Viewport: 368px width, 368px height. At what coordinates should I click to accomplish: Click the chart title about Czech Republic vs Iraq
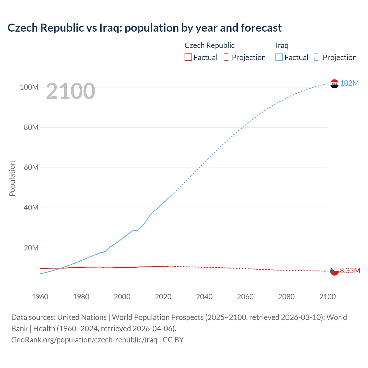[x=145, y=28]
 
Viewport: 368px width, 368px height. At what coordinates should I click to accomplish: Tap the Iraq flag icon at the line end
[x=334, y=84]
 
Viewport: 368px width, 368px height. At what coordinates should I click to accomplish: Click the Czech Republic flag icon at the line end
[x=334, y=271]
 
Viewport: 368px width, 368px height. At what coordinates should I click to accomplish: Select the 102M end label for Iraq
[x=349, y=83]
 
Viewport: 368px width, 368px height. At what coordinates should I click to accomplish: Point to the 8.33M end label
[x=350, y=271]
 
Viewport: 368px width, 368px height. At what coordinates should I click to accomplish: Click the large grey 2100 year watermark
[x=70, y=91]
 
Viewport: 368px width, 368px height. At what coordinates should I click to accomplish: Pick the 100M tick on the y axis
[x=29, y=87]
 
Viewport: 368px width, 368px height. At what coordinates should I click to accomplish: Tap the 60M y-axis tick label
[x=31, y=167]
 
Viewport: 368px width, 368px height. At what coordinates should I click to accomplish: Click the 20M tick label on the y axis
[x=31, y=248]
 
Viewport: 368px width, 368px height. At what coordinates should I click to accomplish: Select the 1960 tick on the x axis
[x=40, y=297]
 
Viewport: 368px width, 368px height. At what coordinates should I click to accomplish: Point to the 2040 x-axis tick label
[x=204, y=297]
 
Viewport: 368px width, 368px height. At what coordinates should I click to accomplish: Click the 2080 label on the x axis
[x=286, y=297]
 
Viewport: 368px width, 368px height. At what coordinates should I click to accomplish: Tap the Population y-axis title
[x=12, y=179]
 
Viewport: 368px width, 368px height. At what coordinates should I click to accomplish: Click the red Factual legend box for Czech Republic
[x=188, y=57]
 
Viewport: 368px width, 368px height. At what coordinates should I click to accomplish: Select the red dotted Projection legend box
[x=227, y=57]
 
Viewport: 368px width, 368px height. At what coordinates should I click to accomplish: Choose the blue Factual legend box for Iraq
[x=279, y=57]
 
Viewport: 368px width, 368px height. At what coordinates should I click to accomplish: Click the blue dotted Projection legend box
[x=318, y=57]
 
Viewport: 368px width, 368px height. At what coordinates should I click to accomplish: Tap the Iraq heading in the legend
[x=282, y=45]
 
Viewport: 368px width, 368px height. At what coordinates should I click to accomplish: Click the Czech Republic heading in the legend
[x=209, y=45]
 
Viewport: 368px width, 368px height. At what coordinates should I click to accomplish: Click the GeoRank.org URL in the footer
[x=84, y=340]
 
